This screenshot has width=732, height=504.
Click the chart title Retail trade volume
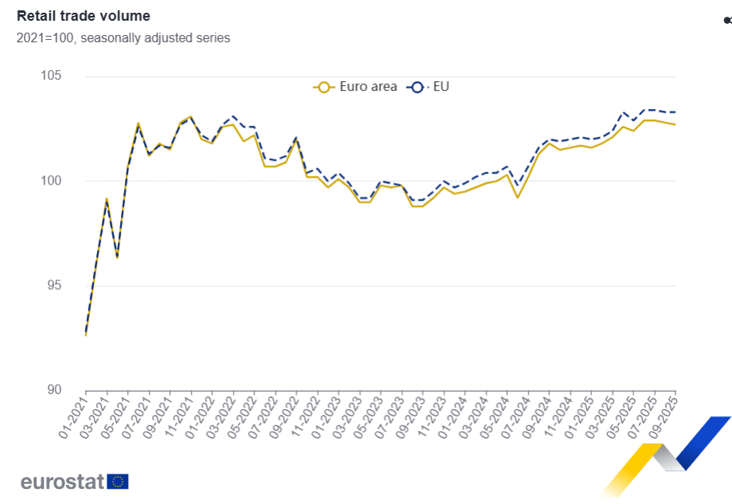[84, 16]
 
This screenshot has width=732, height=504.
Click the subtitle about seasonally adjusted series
[123, 37]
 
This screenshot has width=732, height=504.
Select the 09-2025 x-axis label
[663, 415]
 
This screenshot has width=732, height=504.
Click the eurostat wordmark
[63, 482]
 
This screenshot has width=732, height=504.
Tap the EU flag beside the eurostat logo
[118, 482]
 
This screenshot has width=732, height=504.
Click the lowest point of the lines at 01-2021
[86, 334]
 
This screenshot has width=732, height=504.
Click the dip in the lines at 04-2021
[117, 257]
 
